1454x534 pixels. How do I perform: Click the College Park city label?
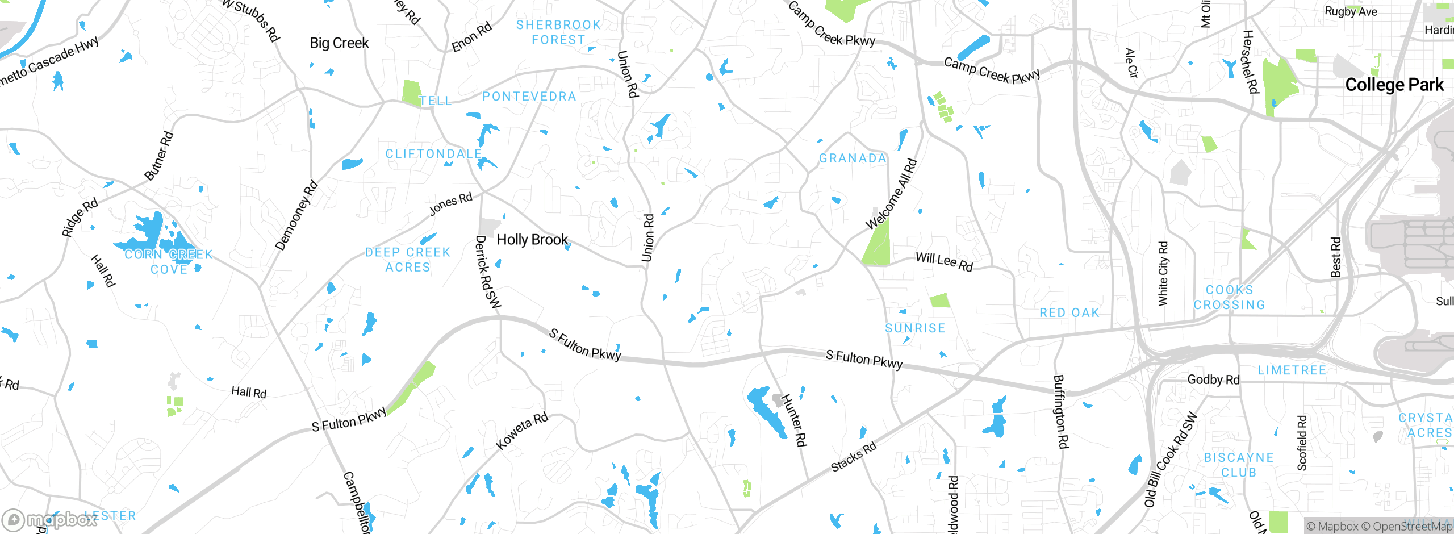[x=1394, y=85]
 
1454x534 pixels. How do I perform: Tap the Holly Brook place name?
[x=532, y=240]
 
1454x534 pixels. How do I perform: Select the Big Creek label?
[x=339, y=43]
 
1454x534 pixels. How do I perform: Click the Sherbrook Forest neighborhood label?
[x=558, y=32]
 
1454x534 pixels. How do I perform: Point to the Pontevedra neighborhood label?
[x=529, y=97]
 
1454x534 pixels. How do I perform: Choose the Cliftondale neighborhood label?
[x=433, y=154]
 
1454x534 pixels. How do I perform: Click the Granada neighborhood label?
[x=853, y=158]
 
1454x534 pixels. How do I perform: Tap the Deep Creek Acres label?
[x=407, y=260]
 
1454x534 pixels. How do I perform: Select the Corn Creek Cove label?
[x=169, y=262]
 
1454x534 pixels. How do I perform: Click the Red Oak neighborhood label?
[x=1069, y=313]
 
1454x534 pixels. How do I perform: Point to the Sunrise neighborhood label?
[x=915, y=328]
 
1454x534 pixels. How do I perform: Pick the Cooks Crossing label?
[x=1230, y=298]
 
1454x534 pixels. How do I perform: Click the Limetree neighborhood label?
[x=1292, y=370]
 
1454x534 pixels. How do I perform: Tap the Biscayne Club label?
[x=1239, y=465]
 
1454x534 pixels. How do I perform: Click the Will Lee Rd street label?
[x=944, y=262]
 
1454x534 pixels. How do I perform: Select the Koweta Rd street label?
[x=522, y=431]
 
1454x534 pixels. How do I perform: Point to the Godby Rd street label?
[x=1213, y=379]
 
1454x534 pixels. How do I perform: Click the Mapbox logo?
[x=49, y=519]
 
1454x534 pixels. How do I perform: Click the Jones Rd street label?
[x=450, y=204]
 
